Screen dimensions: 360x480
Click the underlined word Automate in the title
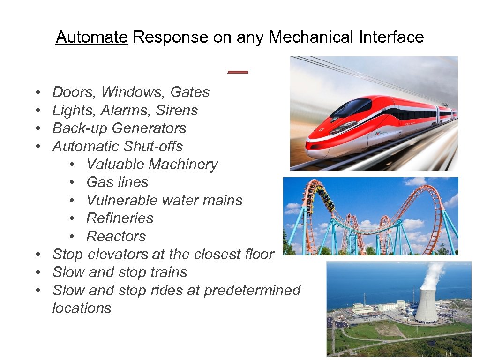91,37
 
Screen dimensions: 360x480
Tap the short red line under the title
238,72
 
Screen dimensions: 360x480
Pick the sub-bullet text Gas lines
117,182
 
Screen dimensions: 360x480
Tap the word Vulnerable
122,200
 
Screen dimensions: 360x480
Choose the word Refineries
120,218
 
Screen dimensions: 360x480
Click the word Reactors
116,236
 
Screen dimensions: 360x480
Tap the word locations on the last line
82,308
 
